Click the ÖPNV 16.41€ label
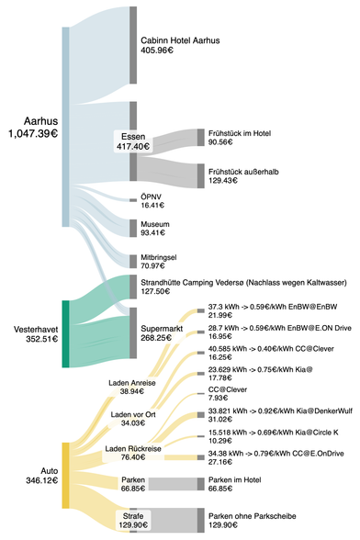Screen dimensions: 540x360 click(x=152, y=201)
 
